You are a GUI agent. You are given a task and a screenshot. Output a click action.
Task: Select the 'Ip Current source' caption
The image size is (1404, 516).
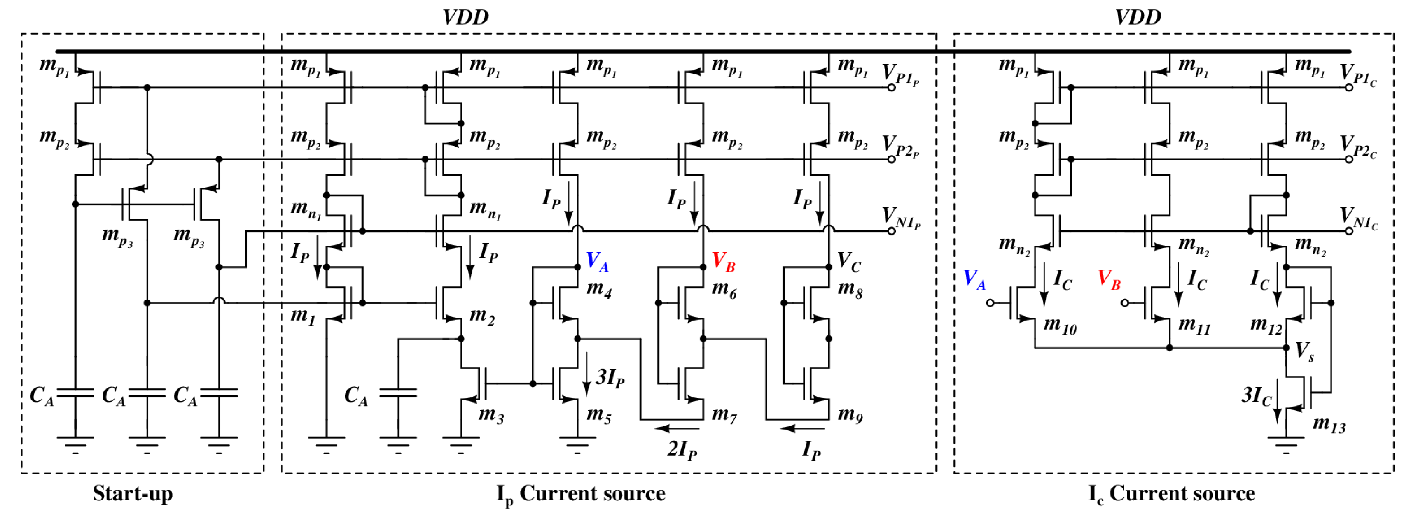(x=580, y=494)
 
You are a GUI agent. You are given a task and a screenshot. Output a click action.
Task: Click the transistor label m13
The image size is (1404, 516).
(x=1329, y=424)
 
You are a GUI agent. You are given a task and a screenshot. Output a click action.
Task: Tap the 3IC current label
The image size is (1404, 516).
(x=1256, y=395)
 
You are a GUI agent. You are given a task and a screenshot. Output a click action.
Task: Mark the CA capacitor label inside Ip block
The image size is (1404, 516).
(x=356, y=395)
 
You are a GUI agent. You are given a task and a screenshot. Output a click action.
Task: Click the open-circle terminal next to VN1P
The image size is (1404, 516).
(x=891, y=231)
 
